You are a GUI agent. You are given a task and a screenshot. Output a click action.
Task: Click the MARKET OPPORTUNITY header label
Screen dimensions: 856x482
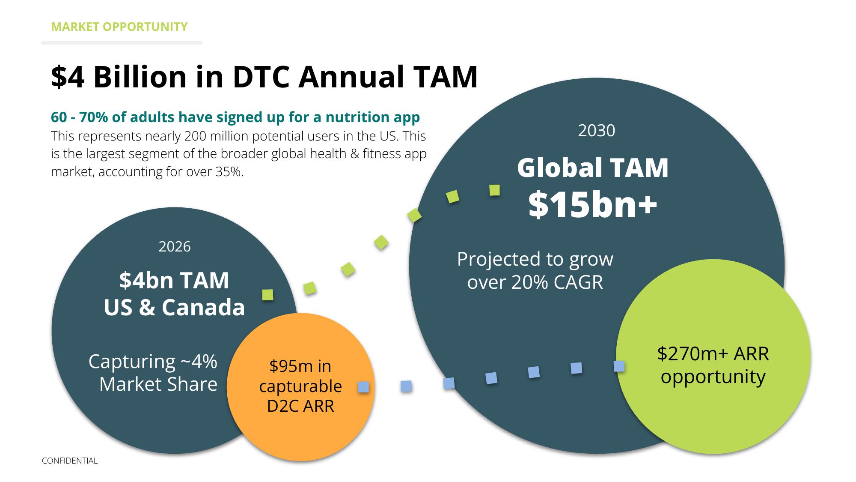[119, 27]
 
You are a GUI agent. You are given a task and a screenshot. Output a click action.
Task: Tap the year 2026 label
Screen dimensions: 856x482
[175, 246]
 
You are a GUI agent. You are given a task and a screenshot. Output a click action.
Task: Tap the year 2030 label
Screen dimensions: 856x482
[597, 131]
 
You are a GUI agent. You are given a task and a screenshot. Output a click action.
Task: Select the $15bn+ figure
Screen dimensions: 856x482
[593, 204]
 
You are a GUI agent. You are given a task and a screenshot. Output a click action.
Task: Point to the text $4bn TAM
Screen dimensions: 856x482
[174, 280]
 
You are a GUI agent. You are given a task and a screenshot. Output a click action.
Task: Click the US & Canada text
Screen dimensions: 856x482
[174, 307]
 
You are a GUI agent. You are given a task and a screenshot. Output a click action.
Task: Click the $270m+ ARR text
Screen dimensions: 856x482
[713, 354]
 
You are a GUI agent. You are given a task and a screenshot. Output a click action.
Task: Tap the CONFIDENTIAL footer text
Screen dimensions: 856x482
[70, 461]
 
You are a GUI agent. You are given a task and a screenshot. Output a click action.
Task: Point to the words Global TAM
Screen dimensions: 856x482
[593, 168]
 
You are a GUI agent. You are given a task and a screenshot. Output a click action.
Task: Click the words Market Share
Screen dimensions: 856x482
[158, 384]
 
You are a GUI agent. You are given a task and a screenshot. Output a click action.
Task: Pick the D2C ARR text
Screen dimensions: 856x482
[300, 406]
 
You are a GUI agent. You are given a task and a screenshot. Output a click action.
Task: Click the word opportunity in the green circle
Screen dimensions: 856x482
[713, 377]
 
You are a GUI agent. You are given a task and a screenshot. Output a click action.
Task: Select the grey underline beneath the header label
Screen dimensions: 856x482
[122, 43]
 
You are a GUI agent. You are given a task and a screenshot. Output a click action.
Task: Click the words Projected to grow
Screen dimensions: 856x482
[535, 259]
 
